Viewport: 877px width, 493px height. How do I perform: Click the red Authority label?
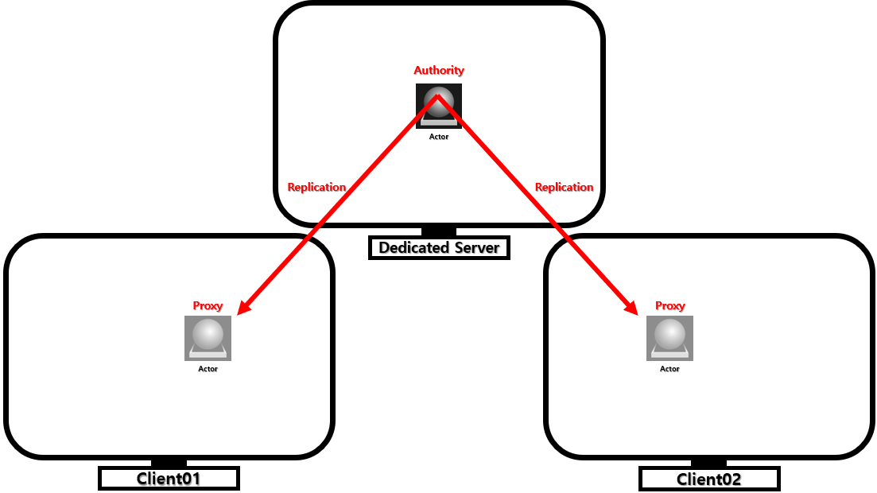pyautogui.click(x=439, y=70)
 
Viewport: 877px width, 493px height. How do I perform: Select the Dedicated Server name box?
pyautogui.click(x=439, y=247)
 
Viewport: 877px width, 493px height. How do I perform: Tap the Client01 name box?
pyautogui.click(x=169, y=479)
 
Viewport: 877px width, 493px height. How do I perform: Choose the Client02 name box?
pyautogui.click(x=709, y=479)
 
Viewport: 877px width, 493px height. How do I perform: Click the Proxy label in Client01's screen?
pyautogui.click(x=208, y=305)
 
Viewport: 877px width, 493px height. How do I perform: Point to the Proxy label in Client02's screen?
pyautogui.click(x=669, y=305)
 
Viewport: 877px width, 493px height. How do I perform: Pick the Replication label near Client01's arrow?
pyautogui.click(x=316, y=187)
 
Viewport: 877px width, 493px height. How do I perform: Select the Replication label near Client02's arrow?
pyautogui.click(x=564, y=187)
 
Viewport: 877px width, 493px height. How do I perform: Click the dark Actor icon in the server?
pyautogui.click(x=439, y=106)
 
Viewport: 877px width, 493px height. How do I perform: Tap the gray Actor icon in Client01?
pyautogui.click(x=208, y=338)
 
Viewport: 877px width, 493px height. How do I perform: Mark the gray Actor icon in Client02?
pyautogui.click(x=669, y=338)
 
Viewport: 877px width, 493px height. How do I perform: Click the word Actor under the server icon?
pyautogui.click(x=439, y=137)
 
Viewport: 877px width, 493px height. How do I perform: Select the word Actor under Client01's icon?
pyautogui.click(x=208, y=369)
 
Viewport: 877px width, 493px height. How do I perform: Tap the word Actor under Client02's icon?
pyautogui.click(x=669, y=369)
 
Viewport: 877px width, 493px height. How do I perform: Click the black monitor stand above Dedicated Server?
pyautogui.click(x=439, y=231)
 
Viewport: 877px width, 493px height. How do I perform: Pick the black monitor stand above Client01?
pyautogui.click(x=169, y=463)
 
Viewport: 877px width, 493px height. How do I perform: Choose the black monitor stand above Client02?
pyautogui.click(x=708, y=463)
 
